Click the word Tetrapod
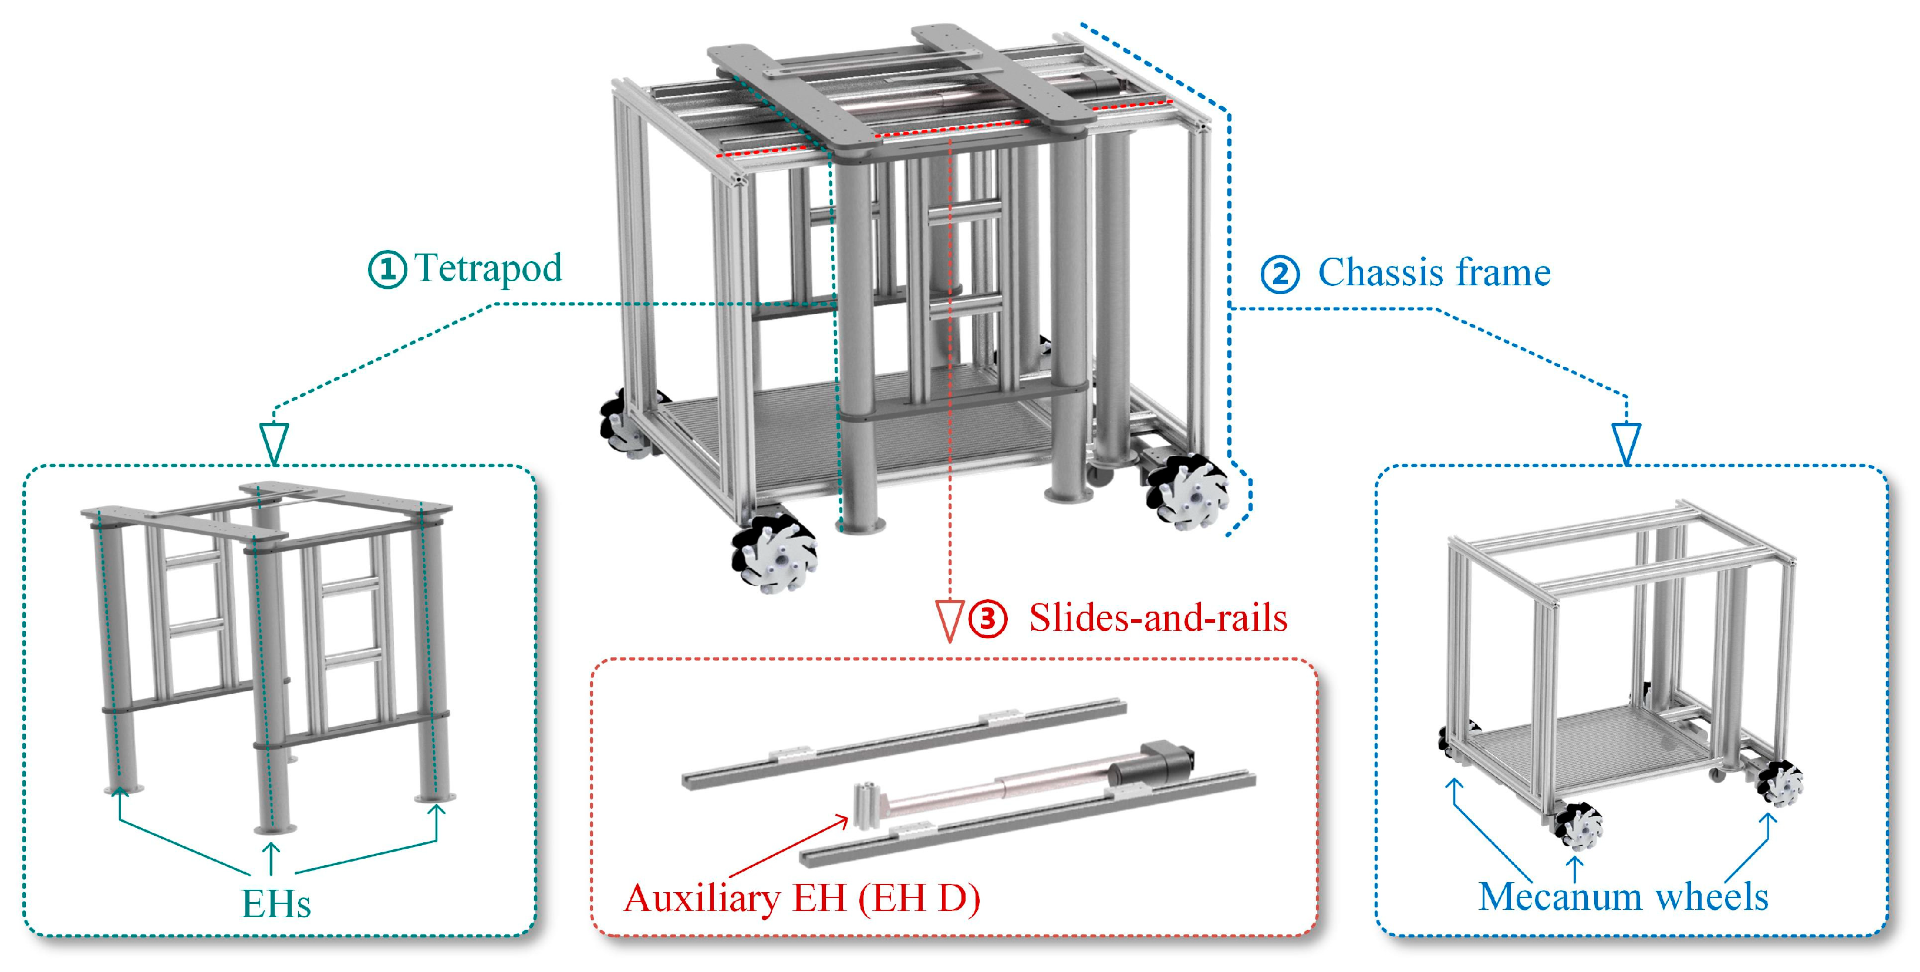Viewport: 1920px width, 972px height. [488, 268]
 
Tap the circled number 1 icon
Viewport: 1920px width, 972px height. [387, 269]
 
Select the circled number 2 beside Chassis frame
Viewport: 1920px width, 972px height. [1280, 274]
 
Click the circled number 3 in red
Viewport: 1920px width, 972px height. [987, 618]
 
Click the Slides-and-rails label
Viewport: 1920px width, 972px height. [1158, 618]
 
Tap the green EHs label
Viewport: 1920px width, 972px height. [276, 903]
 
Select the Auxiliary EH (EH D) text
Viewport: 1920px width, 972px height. [802, 897]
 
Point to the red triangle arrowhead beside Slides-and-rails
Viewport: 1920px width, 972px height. [949, 622]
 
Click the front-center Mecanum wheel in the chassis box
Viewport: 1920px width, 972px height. [1578, 826]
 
